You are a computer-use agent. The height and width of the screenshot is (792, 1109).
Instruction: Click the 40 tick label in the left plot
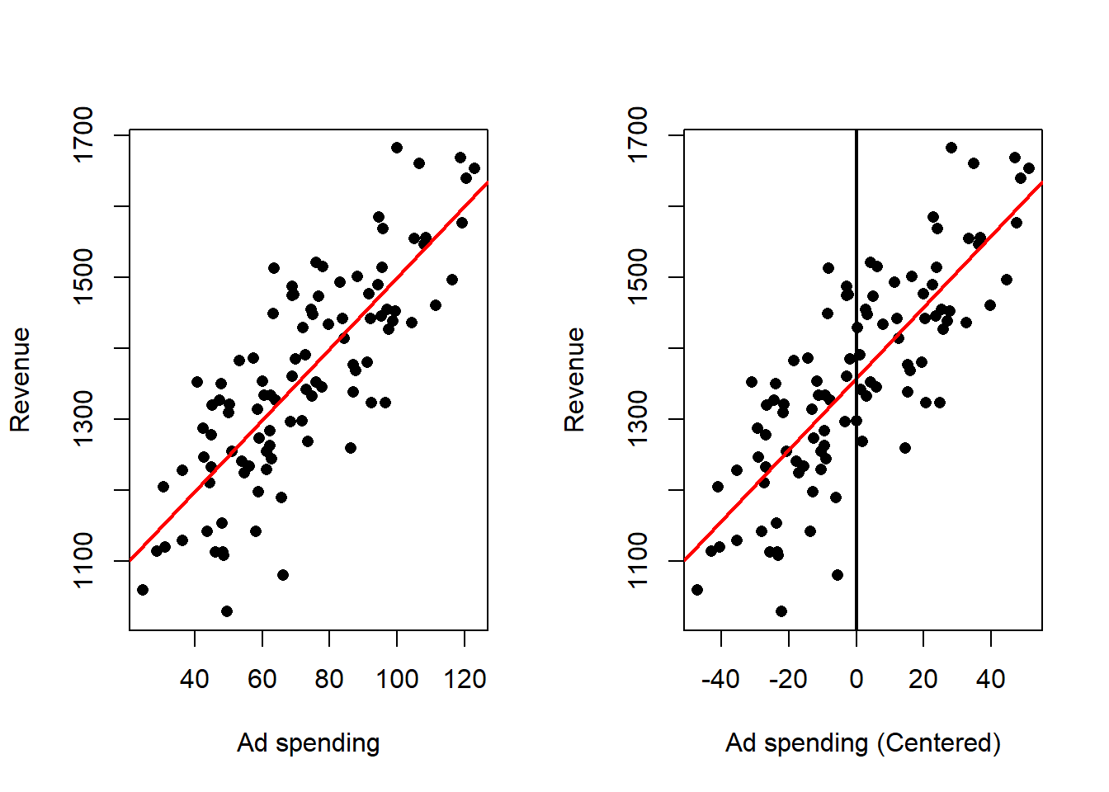195,680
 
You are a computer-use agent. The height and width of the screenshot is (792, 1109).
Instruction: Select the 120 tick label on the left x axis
465,680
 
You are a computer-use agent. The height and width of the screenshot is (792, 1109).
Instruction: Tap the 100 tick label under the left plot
397,680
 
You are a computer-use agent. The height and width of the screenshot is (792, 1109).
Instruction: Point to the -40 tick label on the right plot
720,680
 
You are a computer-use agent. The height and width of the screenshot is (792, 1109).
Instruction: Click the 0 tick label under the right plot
856,680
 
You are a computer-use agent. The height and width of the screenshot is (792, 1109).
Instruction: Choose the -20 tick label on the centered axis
787,680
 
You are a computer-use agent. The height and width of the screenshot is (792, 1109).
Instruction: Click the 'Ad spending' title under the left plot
308,743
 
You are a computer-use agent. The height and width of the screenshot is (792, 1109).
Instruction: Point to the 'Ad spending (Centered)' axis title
862,743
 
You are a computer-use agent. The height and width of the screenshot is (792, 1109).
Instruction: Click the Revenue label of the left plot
20,379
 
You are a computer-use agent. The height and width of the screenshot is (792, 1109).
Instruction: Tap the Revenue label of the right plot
574,379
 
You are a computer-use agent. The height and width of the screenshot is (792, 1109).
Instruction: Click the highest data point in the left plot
397,148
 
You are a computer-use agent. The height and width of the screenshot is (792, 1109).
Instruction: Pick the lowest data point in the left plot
227,611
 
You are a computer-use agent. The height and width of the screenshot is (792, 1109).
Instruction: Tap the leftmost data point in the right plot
697,590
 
